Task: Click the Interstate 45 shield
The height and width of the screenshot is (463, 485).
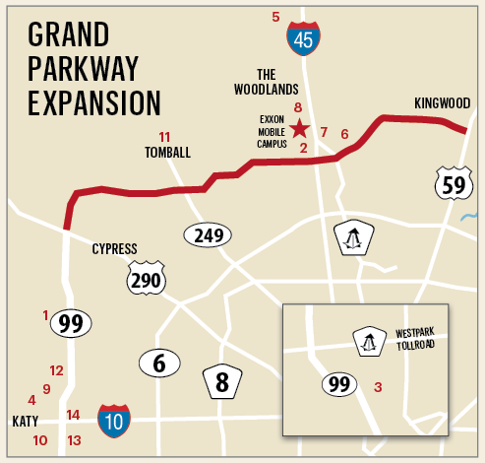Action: pyautogui.click(x=303, y=37)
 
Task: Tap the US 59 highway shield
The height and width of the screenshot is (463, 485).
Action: pyautogui.click(x=452, y=182)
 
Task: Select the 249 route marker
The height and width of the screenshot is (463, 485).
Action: pyautogui.click(x=208, y=235)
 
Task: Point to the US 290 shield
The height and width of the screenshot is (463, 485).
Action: pyautogui.click(x=146, y=281)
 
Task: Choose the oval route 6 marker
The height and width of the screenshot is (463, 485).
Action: pyautogui.click(x=158, y=363)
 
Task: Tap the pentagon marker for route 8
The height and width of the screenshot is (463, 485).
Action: pyautogui.click(x=222, y=380)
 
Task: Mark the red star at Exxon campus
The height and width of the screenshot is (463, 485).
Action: pyautogui.click(x=299, y=128)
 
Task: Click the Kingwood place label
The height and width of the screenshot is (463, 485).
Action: pyautogui.click(x=442, y=103)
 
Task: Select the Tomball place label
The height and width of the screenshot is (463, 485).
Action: pyautogui.click(x=166, y=153)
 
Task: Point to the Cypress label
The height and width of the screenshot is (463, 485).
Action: pyautogui.click(x=114, y=248)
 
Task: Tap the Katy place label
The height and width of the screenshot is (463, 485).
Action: pyautogui.click(x=25, y=421)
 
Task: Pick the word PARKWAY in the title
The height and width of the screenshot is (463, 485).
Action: pyautogui.click(x=84, y=69)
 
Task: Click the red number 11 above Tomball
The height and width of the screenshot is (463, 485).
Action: pyautogui.click(x=164, y=137)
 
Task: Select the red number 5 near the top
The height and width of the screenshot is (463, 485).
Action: pyautogui.click(x=275, y=17)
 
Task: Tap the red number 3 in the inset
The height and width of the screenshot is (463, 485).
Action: pyautogui.click(x=377, y=387)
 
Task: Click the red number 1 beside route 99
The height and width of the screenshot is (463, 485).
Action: pyautogui.click(x=45, y=315)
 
